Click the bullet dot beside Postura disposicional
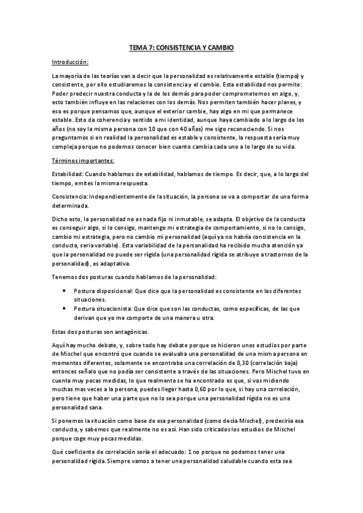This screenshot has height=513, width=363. [65, 290]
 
